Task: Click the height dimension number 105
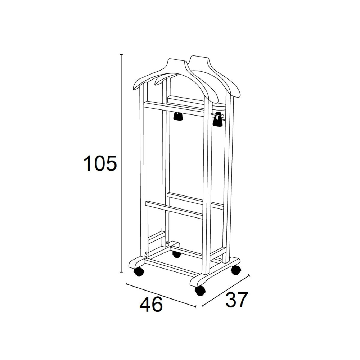pyautogui.click(x=100, y=163)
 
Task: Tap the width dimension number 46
pyautogui.click(x=151, y=305)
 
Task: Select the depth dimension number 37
pyautogui.click(x=237, y=300)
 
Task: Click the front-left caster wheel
pyautogui.click(x=139, y=272)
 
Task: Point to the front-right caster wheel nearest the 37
pyautogui.click(x=200, y=291)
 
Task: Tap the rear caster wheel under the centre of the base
pyautogui.click(x=176, y=254)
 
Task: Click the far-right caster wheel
pyautogui.click(x=236, y=270)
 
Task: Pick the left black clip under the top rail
pyautogui.click(x=178, y=116)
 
